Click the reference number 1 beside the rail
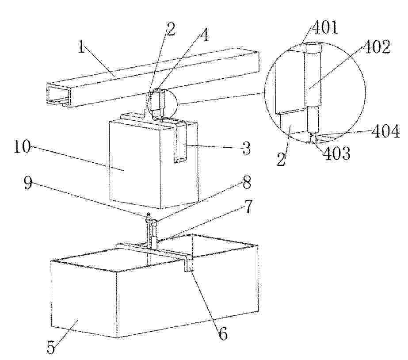(82, 47)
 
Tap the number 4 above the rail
(205, 35)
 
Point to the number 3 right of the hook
(246, 148)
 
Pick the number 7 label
(248, 207)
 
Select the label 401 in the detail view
(325, 27)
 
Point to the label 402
(377, 47)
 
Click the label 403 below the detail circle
(337, 153)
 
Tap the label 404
(385, 131)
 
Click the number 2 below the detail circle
(281, 159)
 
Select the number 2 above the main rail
(171, 29)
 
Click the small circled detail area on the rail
(161, 102)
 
